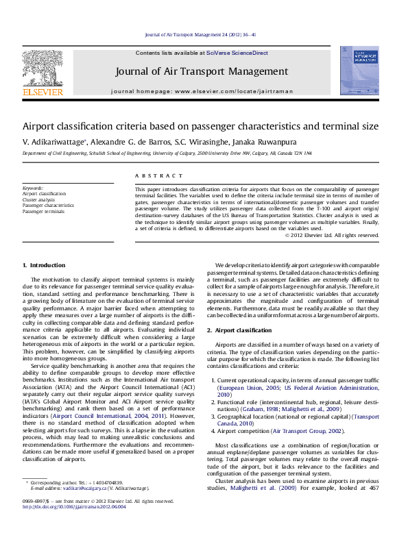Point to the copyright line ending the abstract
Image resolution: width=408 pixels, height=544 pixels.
331,235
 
